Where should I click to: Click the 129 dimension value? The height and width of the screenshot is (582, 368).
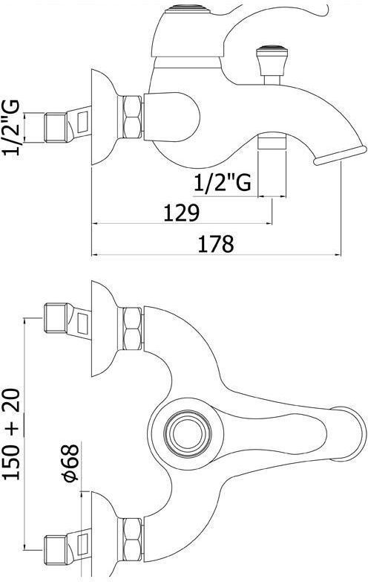[181, 213]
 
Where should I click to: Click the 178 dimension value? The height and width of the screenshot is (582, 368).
[216, 244]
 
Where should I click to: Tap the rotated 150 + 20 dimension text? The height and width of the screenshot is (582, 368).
[12, 434]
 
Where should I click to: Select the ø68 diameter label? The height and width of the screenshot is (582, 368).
[70, 463]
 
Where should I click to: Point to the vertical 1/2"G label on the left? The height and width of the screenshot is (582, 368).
[11, 127]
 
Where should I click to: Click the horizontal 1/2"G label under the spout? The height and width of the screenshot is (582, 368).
[223, 182]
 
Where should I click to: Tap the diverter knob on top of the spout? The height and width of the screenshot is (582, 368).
[273, 60]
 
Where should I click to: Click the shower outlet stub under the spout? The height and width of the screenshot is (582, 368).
[272, 143]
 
